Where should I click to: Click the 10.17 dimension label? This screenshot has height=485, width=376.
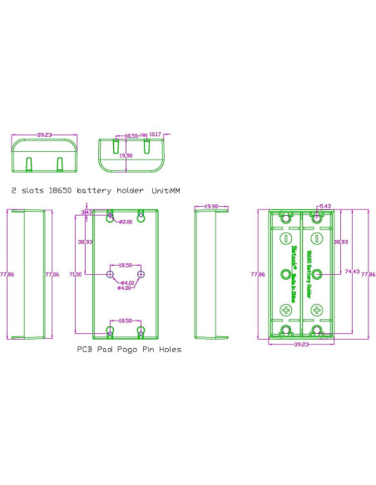(x=155, y=135)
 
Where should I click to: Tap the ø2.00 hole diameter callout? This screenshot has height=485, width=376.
(x=126, y=222)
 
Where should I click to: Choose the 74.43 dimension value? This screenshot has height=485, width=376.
(x=350, y=272)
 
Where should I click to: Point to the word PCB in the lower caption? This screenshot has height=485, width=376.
(x=84, y=350)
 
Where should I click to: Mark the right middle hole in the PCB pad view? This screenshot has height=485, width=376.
(x=141, y=274)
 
